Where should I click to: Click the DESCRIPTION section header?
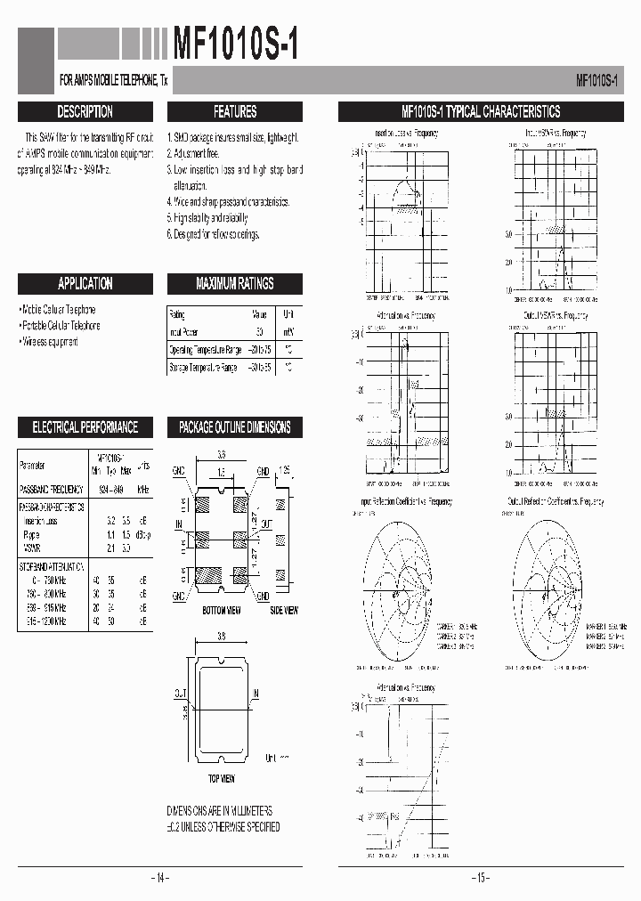(x=85, y=112)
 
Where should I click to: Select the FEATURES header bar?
(x=235, y=112)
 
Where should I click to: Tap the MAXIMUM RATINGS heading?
(x=235, y=284)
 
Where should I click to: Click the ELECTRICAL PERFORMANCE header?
(x=85, y=427)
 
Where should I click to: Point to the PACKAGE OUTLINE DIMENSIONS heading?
(x=235, y=427)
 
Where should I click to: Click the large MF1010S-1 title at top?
(x=235, y=42)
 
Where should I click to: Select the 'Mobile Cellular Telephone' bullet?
(x=58, y=310)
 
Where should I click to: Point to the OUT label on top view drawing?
(x=180, y=692)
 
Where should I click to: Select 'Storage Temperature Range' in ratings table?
(x=203, y=367)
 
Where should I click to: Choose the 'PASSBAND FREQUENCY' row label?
(x=52, y=490)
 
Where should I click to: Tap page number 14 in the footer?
(x=158, y=879)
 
